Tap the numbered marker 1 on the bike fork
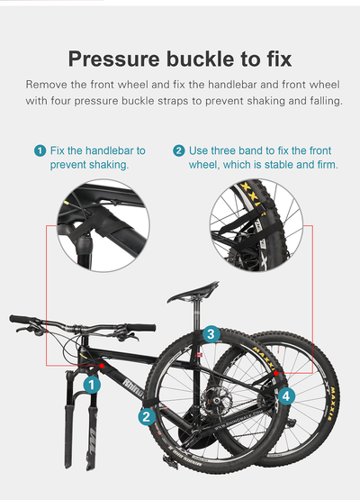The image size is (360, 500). (x=90, y=385)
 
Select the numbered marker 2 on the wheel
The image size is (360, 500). (x=145, y=416)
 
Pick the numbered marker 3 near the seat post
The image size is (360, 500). (x=210, y=334)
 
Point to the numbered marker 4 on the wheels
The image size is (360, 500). (x=285, y=395)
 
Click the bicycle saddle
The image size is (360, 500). (x=194, y=293)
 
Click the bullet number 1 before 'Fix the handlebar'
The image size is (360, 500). (x=40, y=150)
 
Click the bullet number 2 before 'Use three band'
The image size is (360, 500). (x=179, y=150)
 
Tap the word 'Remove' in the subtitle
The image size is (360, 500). (x=49, y=84)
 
